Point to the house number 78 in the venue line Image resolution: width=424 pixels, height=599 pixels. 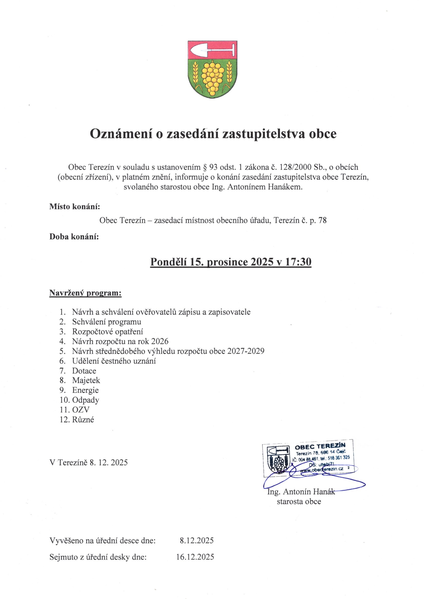(x=322, y=220)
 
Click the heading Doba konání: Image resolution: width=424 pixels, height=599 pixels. (x=74, y=237)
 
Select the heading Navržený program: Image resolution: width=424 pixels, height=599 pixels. (x=85, y=293)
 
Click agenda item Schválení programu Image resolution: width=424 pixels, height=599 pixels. (x=107, y=322)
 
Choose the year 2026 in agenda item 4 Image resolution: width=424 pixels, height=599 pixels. (x=159, y=341)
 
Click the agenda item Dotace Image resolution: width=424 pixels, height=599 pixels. (x=84, y=371)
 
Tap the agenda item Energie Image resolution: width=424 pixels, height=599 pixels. (x=85, y=390)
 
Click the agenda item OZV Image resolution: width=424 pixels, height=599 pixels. (x=81, y=410)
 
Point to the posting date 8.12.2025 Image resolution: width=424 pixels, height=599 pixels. (x=197, y=541)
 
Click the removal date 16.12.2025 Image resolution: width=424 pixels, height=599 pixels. (x=195, y=557)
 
